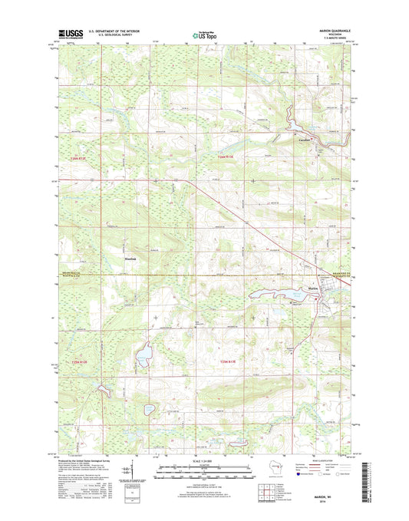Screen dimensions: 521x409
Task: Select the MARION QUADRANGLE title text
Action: (335, 30)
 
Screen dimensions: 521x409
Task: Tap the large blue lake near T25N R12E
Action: (143, 357)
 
